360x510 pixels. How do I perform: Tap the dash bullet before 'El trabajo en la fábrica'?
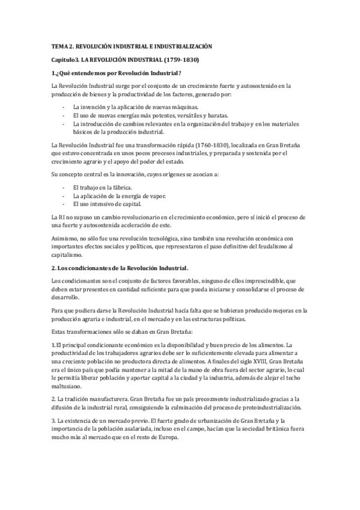coord(64,188)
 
